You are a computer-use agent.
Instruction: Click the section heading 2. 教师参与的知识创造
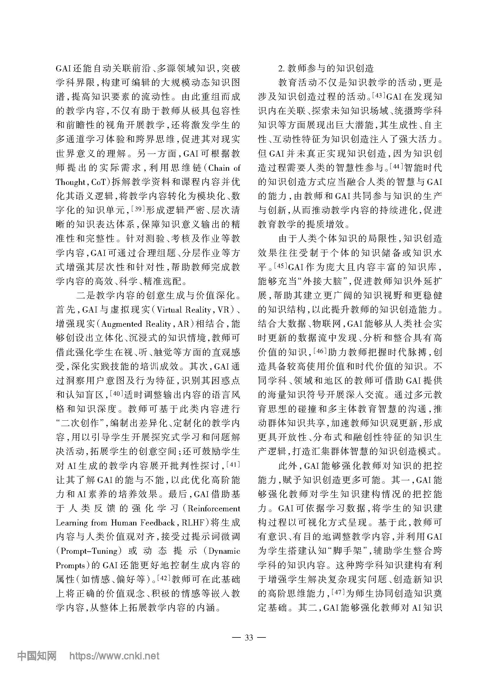[x=326, y=68]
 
